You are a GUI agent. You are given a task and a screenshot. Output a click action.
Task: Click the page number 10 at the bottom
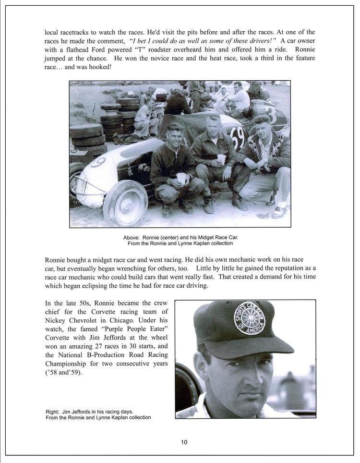[184, 442]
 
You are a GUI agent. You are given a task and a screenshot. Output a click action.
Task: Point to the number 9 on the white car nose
[97, 163]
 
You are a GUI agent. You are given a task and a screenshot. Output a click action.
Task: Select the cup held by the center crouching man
[221, 159]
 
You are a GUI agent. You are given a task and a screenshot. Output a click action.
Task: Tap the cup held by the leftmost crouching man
[181, 178]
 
